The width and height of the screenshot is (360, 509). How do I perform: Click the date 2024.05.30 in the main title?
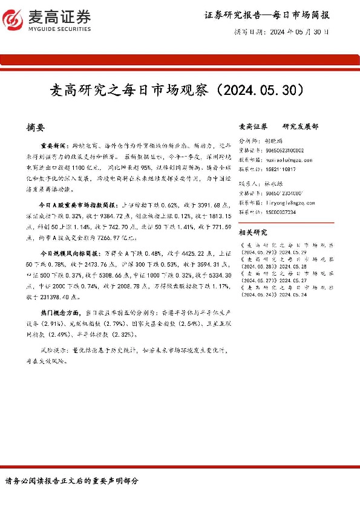click(x=261, y=91)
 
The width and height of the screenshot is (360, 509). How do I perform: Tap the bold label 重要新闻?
click(x=53, y=147)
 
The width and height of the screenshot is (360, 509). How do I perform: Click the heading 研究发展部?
click(x=300, y=127)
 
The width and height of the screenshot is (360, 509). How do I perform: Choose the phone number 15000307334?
click(x=281, y=212)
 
